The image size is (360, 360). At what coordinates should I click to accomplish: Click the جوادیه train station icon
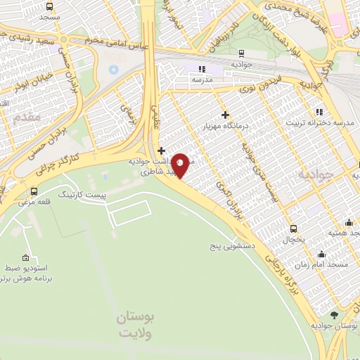242,53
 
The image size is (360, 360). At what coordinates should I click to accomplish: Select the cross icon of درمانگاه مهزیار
225,115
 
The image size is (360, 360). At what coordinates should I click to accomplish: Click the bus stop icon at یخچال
293,229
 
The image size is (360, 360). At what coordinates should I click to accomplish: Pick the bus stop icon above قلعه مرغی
34,191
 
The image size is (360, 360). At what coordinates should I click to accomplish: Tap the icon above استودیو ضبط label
27,257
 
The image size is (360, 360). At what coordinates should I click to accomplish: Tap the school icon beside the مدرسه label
200,69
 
